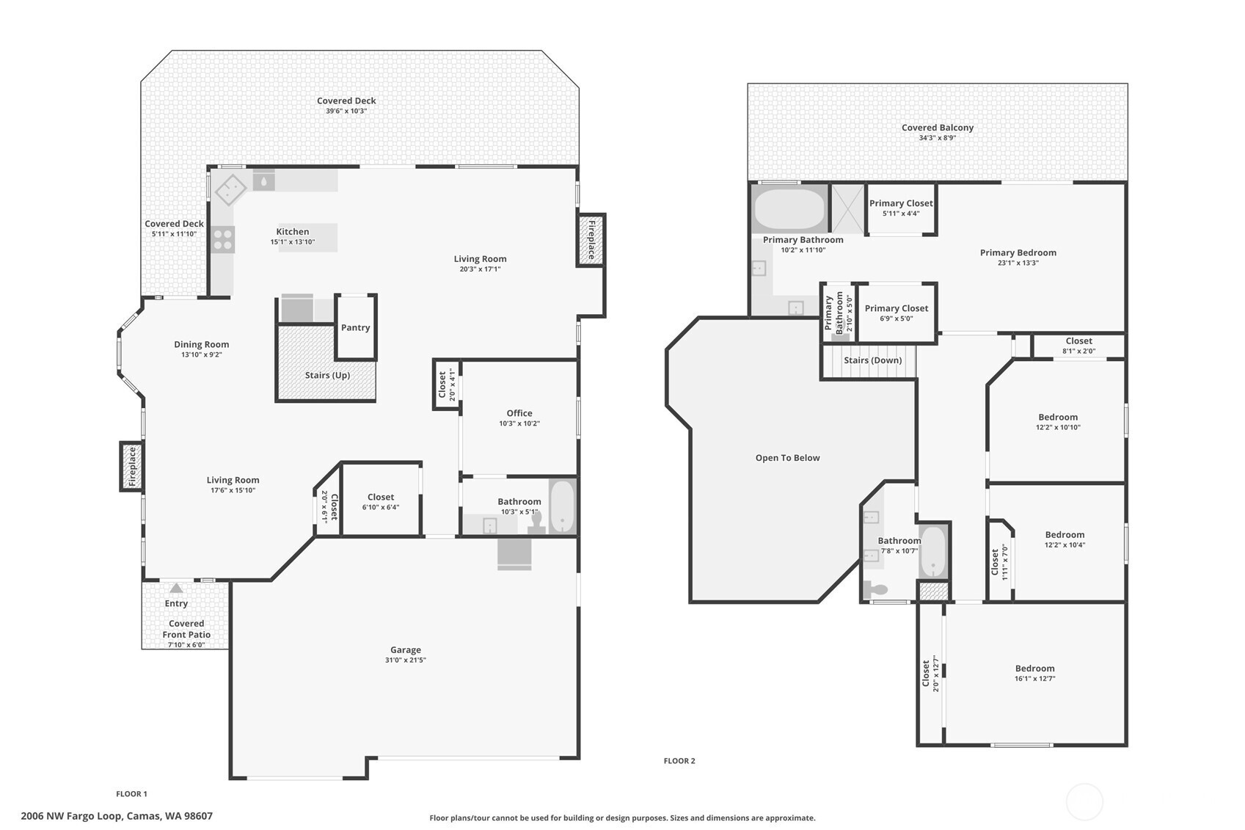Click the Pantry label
pyautogui.click(x=355, y=327)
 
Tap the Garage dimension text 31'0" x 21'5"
pyautogui.click(x=406, y=660)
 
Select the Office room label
pyautogui.click(x=519, y=413)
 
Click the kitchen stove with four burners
pyautogui.click(x=223, y=239)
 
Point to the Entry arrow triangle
pyautogui.click(x=176, y=588)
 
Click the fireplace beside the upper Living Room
pyautogui.click(x=591, y=239)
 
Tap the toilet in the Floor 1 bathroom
pyautogui.click(x=536, y=524)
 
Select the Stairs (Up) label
pyautogui.click(x=327, y=375)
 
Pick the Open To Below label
pyautogui.click(x=788, y=458)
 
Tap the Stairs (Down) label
pyautogui.click(x=872, y=360)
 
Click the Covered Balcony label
pyautogui.click(x=938, y=127)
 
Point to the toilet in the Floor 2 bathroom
pyautogui.click(x=875, y=589)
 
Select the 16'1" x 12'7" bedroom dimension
pyautogui.click(x=1035, y=679)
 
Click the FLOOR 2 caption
pyautogui.click(x=679, y=761)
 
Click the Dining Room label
pyautogui.click(x=201, y=345)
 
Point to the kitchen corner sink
pyautogui.click(x=231, y=189)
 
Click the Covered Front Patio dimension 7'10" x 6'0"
pyautogui.click(x=187, y=645)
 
